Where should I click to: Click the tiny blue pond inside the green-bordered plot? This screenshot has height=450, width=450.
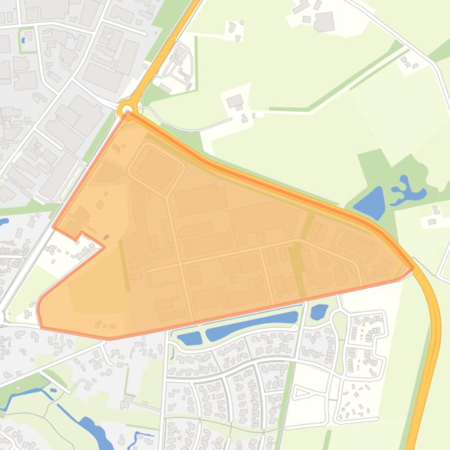(23, 40)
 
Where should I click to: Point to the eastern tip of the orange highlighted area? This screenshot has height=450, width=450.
(413, 268)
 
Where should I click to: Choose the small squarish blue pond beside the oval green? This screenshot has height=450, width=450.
(319, 311)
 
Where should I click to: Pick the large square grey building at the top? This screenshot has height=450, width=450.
(324, 22)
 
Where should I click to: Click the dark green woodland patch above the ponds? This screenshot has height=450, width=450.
(372, 162)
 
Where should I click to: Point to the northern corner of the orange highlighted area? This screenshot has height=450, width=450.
(128, 115)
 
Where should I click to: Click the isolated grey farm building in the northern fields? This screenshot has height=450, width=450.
(235, 102)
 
